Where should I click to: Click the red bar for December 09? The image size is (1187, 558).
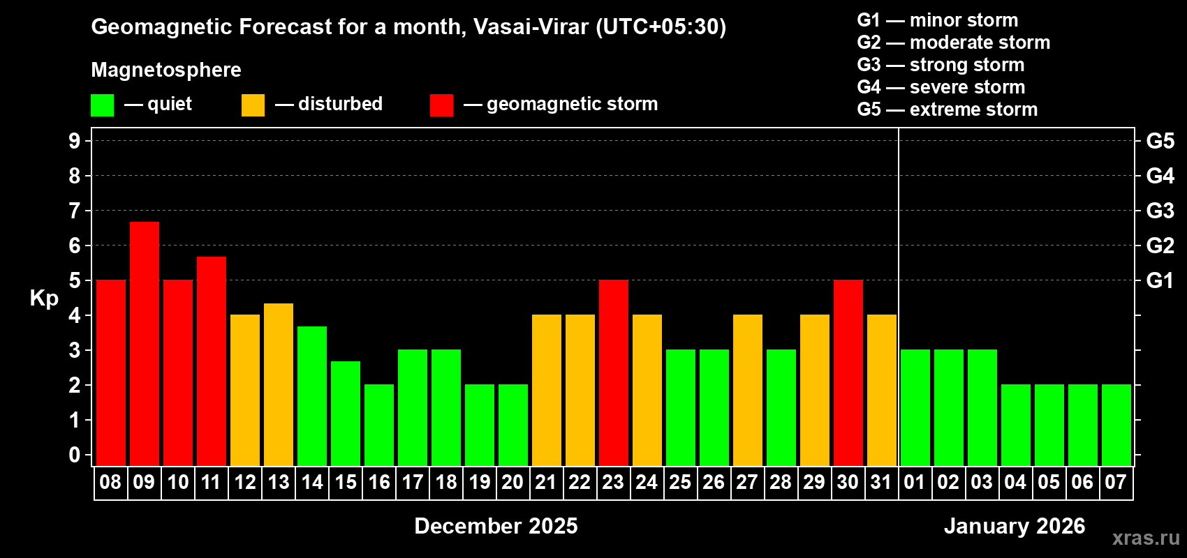pos(145,343)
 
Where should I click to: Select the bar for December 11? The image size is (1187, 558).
pos(212,361)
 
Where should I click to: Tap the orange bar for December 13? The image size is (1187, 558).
pos(279,384)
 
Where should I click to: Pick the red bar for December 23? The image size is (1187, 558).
pos(614,372)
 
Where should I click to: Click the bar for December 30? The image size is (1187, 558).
pos(848,372)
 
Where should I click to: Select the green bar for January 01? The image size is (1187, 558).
pos(915,407)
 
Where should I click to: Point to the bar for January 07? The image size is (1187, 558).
pos(1116,425)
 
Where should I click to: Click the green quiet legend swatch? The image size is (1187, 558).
pos(103,105)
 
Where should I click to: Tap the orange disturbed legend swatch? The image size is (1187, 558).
pos(253,105)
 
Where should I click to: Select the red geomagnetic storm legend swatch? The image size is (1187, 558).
pos(441,105)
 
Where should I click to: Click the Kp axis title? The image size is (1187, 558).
pos(44,299)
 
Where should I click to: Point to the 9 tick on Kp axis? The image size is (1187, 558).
pos(75,141)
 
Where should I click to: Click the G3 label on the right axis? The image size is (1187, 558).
pos(1160,211)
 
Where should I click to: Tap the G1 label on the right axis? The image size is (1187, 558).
pos(1160,280)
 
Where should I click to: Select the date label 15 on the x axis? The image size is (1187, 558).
pos(346,483)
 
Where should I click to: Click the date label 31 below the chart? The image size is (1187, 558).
pos(881,483)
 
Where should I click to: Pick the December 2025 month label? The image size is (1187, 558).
pos(496,526)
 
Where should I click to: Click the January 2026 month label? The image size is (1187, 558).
pos(1015,526)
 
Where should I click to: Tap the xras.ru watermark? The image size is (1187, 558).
pos(1146,538)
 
